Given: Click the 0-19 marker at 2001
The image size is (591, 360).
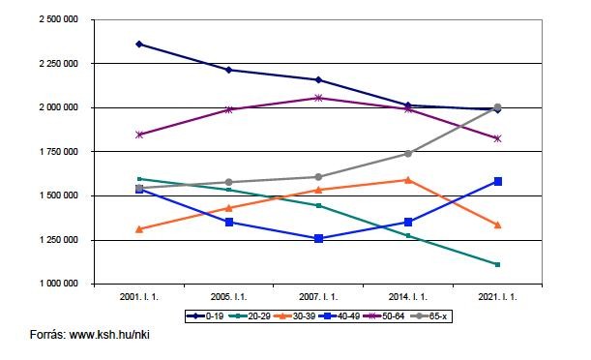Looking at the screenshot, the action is pos(139,45).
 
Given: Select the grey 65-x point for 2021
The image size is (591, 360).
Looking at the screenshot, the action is pos(497,107).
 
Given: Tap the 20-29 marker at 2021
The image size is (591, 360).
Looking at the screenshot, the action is pos(497,264).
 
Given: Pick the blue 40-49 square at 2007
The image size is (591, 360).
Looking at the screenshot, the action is pos(318,239).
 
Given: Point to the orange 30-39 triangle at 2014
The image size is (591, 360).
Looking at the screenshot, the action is pos(408,180).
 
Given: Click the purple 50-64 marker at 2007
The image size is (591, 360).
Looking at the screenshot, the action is pos(318,98).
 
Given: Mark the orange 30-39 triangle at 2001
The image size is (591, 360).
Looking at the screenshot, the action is pos(139,229).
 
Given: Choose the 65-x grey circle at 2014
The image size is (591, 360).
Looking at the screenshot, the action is pos(408,154).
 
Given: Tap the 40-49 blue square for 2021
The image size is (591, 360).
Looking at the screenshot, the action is pos(497,182).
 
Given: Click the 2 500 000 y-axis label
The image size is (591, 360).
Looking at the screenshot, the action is pos(58,19).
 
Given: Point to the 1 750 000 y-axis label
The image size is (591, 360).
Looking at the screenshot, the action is pos(58,152).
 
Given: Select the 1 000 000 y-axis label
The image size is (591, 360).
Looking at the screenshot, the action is pos(58,284).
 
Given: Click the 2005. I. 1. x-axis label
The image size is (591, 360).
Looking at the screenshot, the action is pos(229,297).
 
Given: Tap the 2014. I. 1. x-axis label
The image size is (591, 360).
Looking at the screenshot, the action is pos(408,297).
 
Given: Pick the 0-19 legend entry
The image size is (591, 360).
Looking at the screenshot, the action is pos(205,316).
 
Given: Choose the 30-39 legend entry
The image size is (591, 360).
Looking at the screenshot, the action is pos(295,316).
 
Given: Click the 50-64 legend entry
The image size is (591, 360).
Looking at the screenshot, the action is pos(384,316).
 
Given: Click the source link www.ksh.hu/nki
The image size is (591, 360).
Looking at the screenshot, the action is pos(109,335).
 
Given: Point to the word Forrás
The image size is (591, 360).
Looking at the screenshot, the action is pos(47,335).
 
